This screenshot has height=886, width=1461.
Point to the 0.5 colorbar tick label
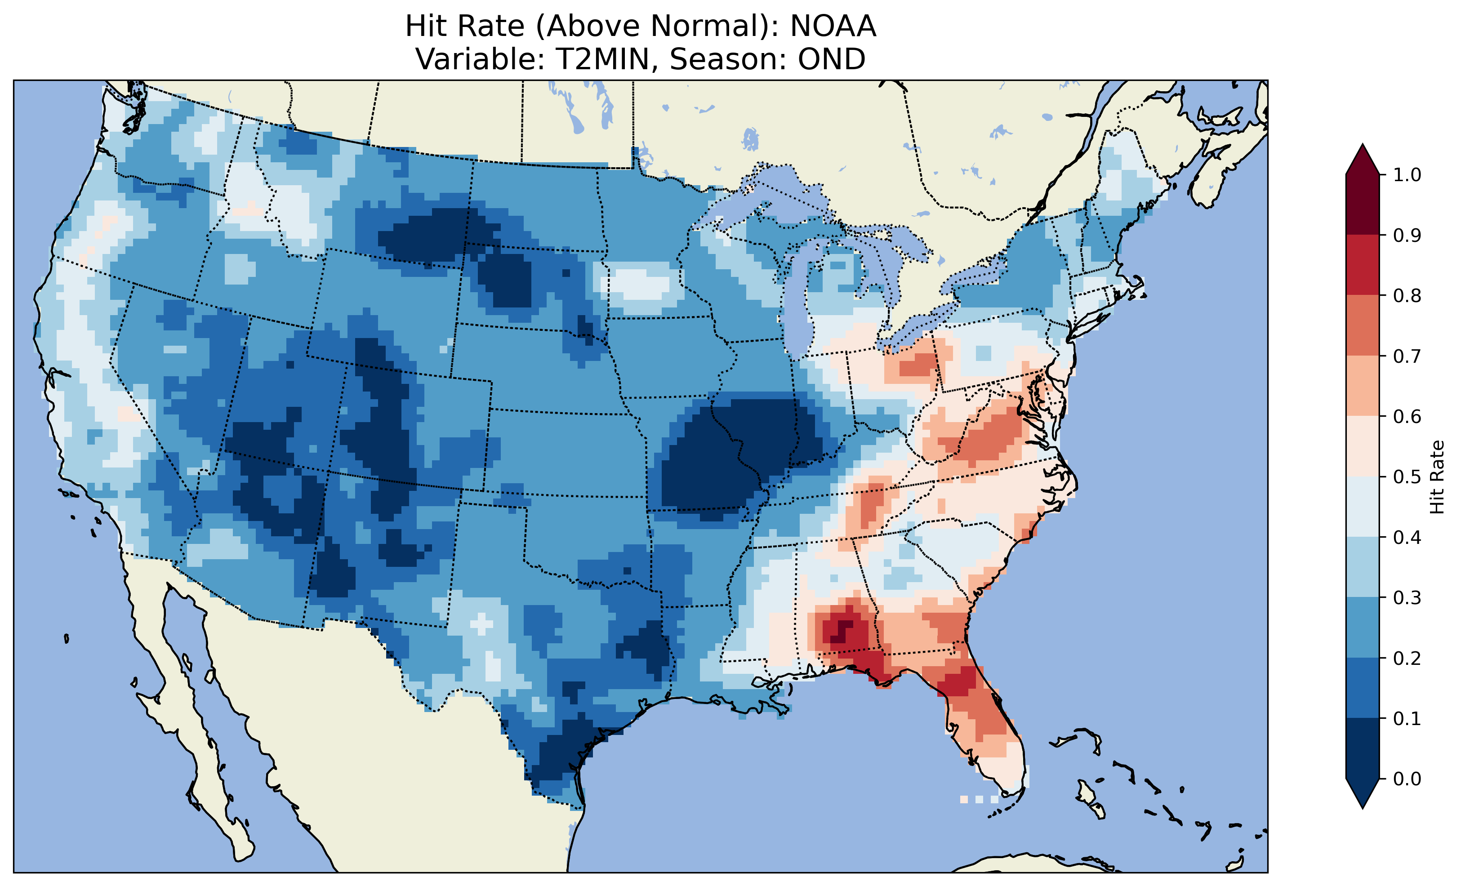[1407, 477]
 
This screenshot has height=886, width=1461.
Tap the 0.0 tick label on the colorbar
[1407, 779]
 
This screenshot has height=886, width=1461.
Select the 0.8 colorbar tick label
[1407, 295]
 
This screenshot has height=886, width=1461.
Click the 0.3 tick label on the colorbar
[1407, 598]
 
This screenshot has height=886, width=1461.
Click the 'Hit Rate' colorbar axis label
[1437, 477]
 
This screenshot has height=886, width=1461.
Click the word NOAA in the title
[833, 27]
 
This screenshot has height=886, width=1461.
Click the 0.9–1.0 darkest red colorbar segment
[1363, 205]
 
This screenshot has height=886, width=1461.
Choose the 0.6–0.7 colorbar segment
[1363, 386]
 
